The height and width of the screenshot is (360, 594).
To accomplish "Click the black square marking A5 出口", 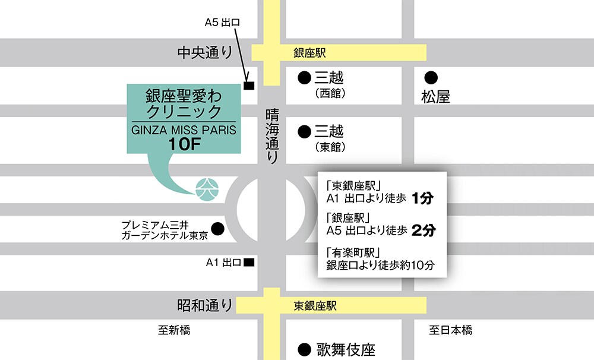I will coord(249,86).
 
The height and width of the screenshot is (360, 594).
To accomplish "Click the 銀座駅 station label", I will coord(310,53).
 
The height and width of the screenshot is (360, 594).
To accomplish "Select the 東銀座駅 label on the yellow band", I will coord(315,306).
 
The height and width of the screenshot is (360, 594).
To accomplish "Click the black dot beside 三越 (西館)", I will coord(304,77).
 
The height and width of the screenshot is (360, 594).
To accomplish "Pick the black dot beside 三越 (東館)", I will coord(304,131).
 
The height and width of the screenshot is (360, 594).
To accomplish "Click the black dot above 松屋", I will coord(431,77).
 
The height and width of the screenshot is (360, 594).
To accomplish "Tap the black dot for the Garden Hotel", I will coord(218,228).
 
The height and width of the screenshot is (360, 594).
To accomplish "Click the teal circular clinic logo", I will coord(208,188).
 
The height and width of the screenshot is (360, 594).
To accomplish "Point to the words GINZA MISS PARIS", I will coord(183,129).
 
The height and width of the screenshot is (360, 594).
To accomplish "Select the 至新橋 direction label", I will coord(174,330).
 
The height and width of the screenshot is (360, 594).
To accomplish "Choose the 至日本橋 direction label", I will coord(450,330).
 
